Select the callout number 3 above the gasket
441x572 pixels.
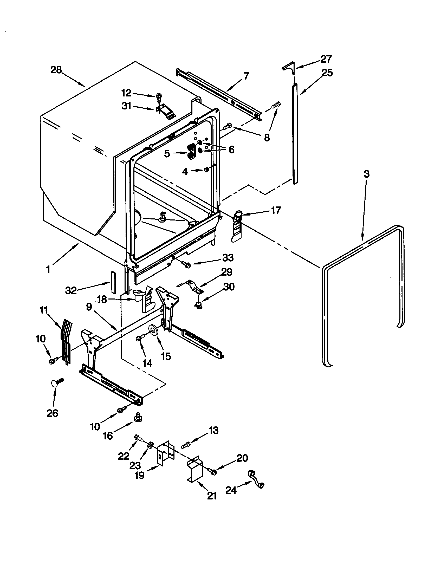[367, 174]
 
